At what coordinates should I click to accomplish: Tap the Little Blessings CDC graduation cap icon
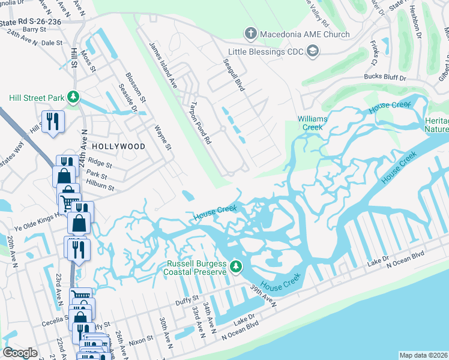(312, 52)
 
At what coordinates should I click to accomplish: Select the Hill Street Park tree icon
(73, 97)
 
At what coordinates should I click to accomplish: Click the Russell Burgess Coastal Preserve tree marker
(237, 265)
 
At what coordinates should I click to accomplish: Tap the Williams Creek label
(313, 123)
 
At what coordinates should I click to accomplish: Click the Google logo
(20, 353)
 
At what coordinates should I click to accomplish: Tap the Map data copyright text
(423, 355)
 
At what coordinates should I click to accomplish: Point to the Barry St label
(35, 29)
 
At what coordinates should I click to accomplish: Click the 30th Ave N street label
(166, 333)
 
